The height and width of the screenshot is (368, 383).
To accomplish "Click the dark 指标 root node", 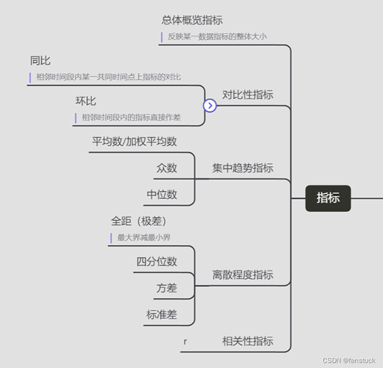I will (328, 198).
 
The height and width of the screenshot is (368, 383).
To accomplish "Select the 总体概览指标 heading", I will (192, 20).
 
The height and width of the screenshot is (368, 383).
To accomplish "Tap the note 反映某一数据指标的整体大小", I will (217, 37).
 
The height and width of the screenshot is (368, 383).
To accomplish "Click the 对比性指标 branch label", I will (248, 94).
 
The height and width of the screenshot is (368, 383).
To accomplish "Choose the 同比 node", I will (40, 61).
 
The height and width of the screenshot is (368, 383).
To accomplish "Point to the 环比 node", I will (86, 101).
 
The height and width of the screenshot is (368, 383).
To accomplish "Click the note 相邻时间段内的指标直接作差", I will (131, 117).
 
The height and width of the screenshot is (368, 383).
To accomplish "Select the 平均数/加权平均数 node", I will (134, 142).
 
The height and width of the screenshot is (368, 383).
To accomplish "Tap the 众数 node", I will (167, 168).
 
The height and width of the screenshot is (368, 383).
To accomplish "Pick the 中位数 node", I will (161, 195).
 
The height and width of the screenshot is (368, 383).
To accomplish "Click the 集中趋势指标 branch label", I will (243, 168).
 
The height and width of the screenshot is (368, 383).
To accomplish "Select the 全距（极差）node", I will (139, 221).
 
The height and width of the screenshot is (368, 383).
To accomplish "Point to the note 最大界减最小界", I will (144, 238).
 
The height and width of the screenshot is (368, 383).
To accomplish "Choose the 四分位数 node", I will (156, 261).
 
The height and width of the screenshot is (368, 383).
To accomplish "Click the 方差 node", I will (167, 288).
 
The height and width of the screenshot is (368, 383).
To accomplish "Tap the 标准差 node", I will (161, 314).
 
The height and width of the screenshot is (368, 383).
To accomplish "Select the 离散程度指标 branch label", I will (243, 275).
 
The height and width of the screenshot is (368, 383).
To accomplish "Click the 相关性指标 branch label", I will (248, 341).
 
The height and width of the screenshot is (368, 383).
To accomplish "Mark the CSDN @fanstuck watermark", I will (349, 360).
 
